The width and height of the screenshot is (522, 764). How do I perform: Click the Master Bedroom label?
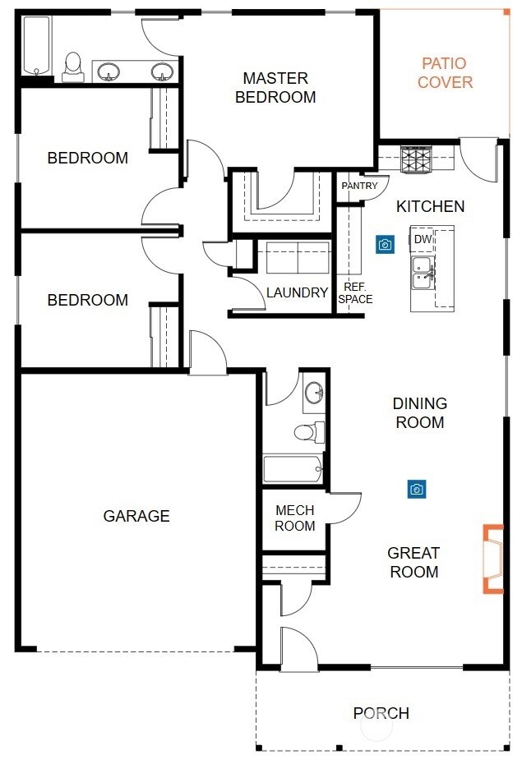click(x=275, y=87)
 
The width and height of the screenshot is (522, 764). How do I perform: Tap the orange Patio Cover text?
click(x=445, y=72)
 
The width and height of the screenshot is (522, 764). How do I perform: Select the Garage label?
click(x=136, y=516)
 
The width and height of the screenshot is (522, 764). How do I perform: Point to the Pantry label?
click(x=360, y=186)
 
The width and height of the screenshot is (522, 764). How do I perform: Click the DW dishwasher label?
click(x=423, y=239)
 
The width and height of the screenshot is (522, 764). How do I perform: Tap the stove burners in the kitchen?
click(x=416, y=159)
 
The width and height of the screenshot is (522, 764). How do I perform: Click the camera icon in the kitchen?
click(x=385, y=244)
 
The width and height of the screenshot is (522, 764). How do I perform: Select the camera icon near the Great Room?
click(x=417, y=489)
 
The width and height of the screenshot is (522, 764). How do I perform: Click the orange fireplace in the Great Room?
click(x=493, y=559)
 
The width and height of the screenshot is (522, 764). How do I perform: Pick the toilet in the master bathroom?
click(x=72, y=67)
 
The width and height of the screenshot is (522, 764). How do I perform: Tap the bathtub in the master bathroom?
click(x=37, y=46)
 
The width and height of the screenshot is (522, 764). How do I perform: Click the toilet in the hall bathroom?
click(x=309, y=432)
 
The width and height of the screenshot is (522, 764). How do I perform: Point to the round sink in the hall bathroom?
click(x=314, y=392)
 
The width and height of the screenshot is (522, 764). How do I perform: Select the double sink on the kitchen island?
click(x=422, y=273)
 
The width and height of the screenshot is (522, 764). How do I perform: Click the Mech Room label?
click(x=295, y=518)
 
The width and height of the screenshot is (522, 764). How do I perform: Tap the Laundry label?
click(x=297, y=292)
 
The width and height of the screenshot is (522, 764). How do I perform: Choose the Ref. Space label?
click(x=355, y=292)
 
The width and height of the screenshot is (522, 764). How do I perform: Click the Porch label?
click(x=381, y=713)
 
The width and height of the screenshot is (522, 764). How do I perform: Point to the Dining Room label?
click(x=419, y=412)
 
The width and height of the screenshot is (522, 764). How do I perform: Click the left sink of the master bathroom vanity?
click(x=109, y=71)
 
